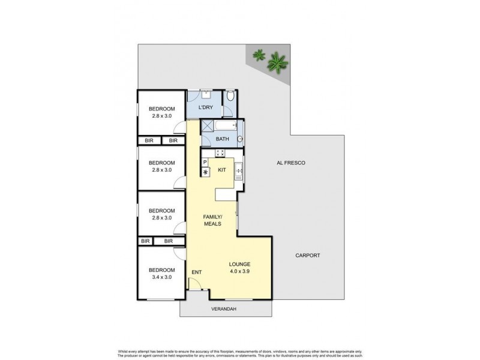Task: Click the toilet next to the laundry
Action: coord(230,96)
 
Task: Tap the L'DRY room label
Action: coord(206,107)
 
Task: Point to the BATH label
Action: coord(222,139)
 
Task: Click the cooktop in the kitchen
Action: coord(220,153)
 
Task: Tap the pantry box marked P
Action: coord(205,162)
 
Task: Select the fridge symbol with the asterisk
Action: coord(205,172)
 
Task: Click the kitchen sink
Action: coord(238,171)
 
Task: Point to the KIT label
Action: coord(221,170)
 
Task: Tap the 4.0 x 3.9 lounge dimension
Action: coord(239,272)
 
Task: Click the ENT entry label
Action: coord(196,272)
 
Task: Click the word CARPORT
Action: coord(308,256)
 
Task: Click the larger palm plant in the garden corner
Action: coord(277,61)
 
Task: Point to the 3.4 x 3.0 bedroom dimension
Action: coord(161,277)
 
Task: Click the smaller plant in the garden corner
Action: coord(259,55)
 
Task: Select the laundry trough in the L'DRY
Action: coord(205,94)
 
